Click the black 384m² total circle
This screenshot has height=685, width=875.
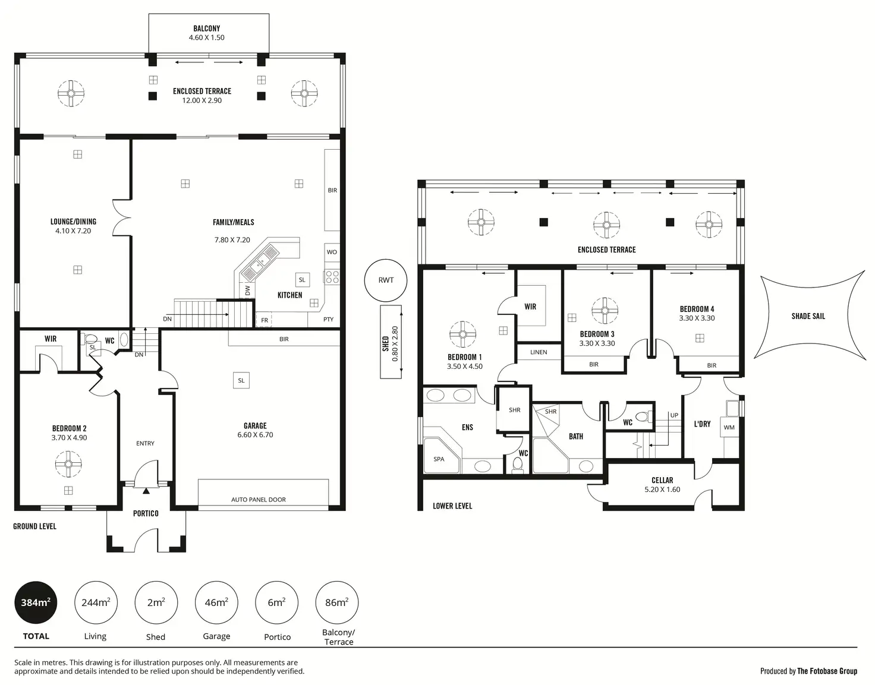coord(36,602)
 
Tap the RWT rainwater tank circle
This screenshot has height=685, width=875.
coord(386,280)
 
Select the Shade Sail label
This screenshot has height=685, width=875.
coord(808,316)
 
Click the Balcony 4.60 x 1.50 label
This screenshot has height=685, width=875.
coord(207,33)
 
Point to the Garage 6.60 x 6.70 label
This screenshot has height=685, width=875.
coord(255,430)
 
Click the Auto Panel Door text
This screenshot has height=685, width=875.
coord(259,500)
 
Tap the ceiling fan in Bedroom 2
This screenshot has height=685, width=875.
coord(68,464)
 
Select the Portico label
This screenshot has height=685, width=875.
coord(146,513)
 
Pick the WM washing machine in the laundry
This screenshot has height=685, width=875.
coord(729,427)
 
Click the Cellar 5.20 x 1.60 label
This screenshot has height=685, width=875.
coord(662,485)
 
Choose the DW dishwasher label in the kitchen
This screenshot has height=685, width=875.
coord(247,291)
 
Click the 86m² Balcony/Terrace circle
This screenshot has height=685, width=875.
coord(336,602)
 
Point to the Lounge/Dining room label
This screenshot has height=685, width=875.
coord(73,226)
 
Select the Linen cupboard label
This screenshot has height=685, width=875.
coord(539,352)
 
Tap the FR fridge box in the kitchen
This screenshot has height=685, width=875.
coord(265,320)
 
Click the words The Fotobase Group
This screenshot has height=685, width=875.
coord(827,671)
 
